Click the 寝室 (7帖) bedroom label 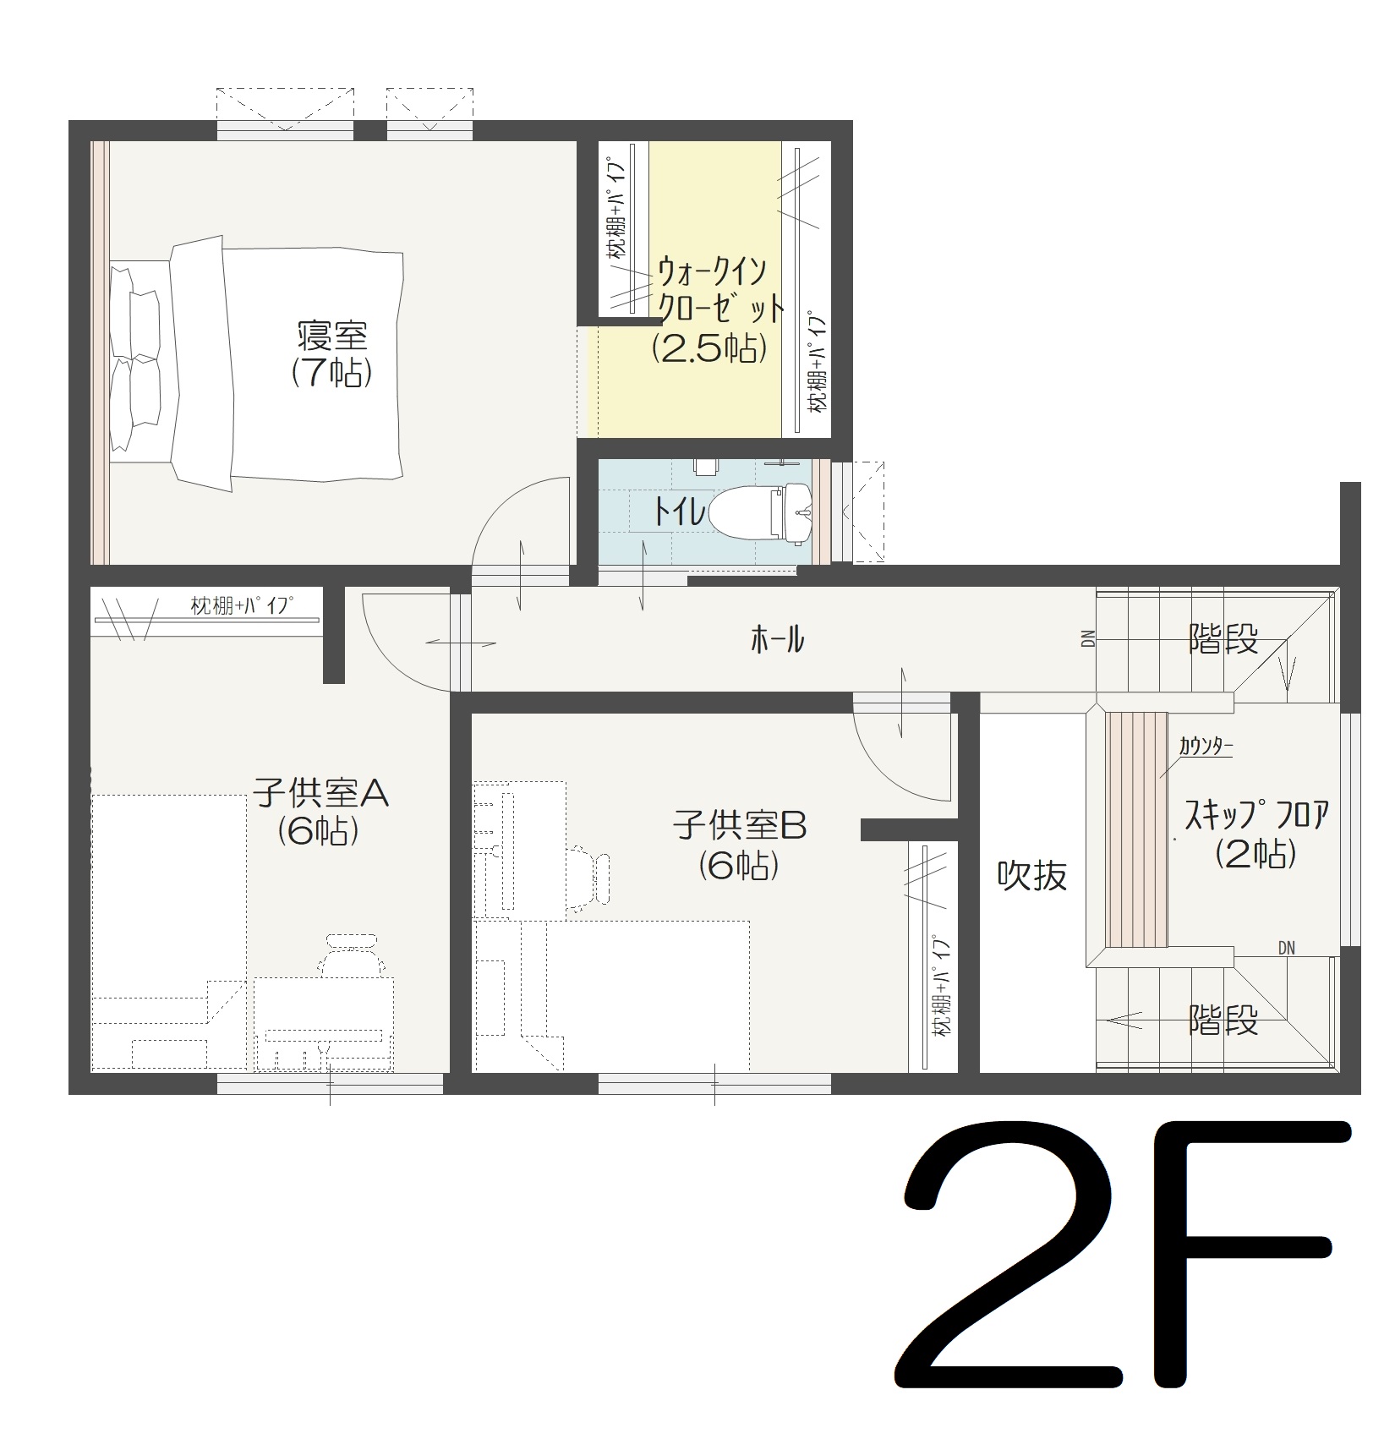point(332,354)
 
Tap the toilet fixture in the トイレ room point(760,512)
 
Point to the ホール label point(777,640)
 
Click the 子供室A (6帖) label point(320,812)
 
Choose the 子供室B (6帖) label point(740,844)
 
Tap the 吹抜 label point(1031,876)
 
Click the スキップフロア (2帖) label point(1256,834)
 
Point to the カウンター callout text point(1206,746)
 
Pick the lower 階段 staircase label point(1223,1020)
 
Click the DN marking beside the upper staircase point(1088,638)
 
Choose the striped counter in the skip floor point(1136,829)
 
